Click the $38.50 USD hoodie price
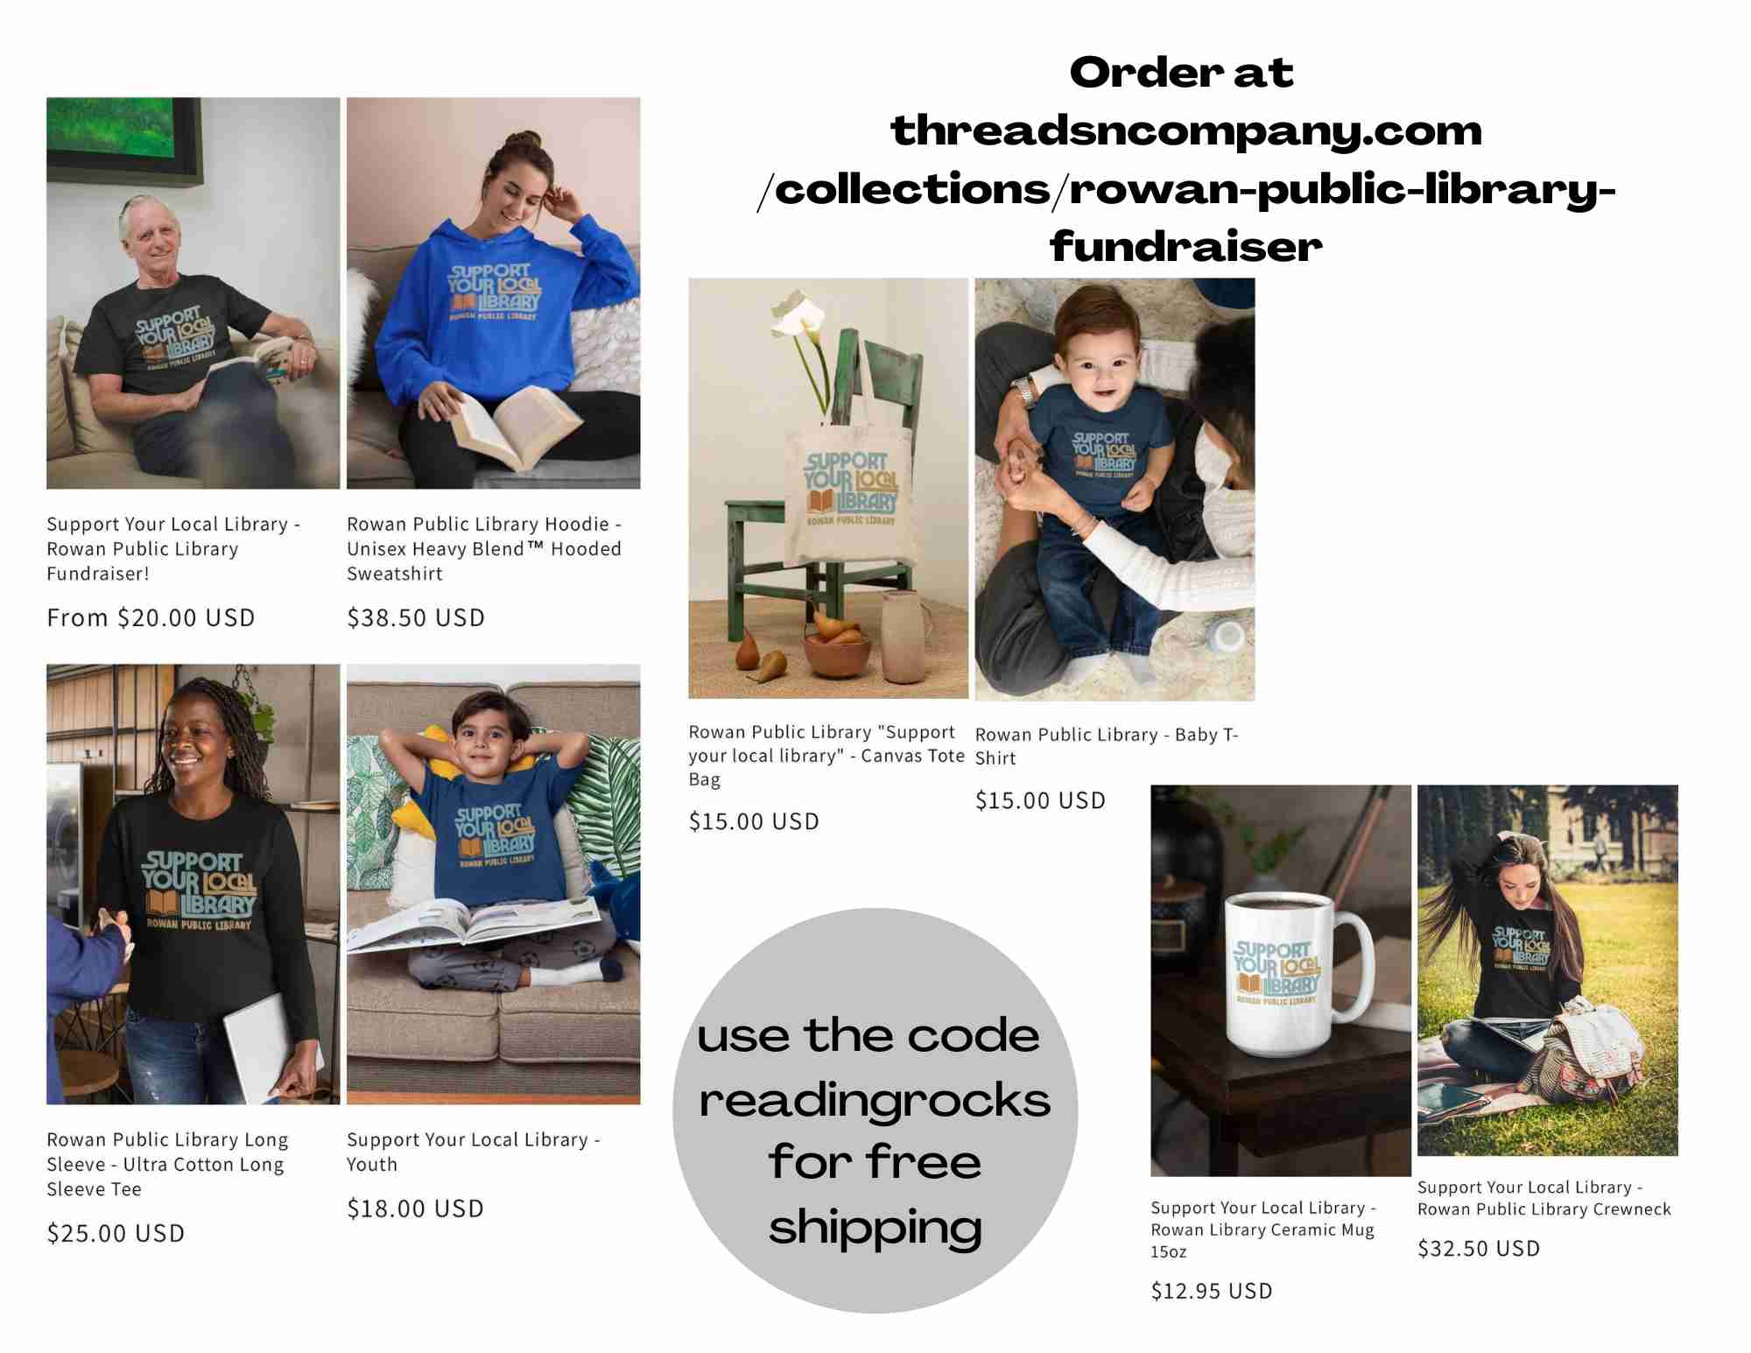tap(416, 617)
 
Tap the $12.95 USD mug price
tap(1212, 1291)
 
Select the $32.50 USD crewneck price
tap(1479, 1248)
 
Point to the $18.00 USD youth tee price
tap(415, 1209)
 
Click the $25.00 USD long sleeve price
tap(116, 1233)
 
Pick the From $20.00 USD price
tap(151, 617)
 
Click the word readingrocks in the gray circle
tap(875, 1100)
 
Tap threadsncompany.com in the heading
tap(1186, 131)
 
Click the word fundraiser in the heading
tap(1186, 246)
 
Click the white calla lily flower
tap(798, 318)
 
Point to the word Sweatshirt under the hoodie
tap(395, 574)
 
